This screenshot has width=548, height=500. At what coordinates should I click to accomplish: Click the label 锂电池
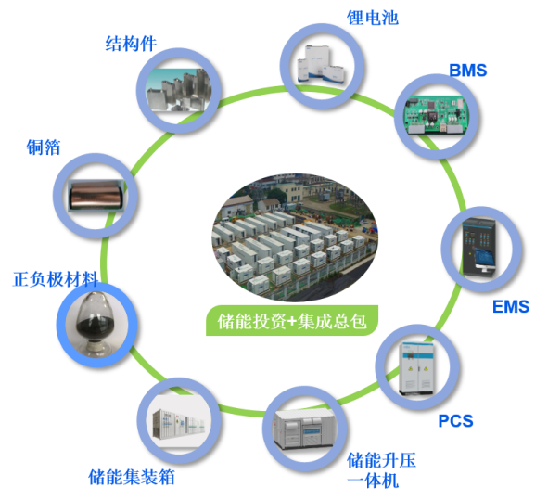point(372,18)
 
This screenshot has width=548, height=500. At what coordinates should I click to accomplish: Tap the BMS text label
point(467,71)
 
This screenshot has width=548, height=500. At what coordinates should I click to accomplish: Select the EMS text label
point(511,307)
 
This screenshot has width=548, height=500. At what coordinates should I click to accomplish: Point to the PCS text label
point(455,421)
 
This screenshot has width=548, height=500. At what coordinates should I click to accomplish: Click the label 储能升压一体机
point(381,470)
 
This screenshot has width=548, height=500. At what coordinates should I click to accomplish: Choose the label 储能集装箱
point(132,477)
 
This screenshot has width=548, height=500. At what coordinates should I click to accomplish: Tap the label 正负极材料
point(56,279)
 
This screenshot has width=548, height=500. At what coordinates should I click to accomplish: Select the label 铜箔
point(44,147)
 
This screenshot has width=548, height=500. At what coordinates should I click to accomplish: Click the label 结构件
point(131,44)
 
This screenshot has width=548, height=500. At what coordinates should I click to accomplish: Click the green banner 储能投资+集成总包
point(292,321)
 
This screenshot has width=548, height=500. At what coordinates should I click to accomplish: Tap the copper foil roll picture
point(96,196)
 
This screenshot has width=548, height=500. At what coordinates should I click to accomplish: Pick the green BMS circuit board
point(437,115)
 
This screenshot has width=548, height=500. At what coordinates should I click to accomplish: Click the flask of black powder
point(96,323)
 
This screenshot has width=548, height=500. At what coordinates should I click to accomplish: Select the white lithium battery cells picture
point(321,65)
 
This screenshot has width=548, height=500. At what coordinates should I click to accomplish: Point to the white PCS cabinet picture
point(416,368)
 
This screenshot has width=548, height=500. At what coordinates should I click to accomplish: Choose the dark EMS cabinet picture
point(479,247)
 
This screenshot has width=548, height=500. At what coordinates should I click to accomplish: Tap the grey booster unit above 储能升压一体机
point(303,429)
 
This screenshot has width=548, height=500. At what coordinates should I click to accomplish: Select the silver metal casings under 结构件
point(179,90)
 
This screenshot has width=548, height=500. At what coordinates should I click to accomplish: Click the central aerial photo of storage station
point(295,237)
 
